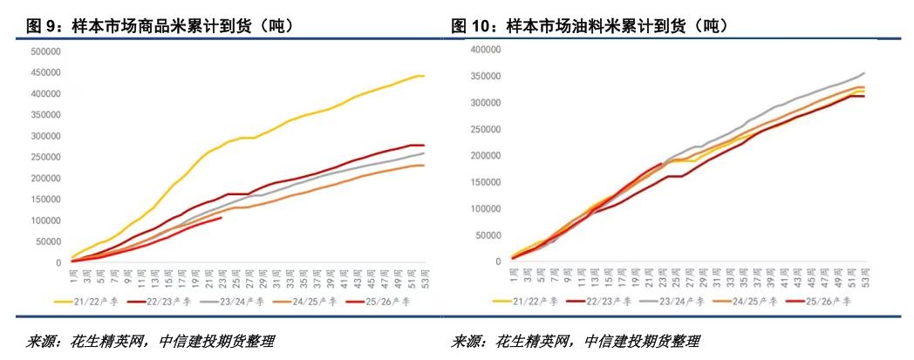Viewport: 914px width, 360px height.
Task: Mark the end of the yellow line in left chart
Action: [424, 76]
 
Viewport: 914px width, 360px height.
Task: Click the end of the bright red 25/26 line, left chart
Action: [222, 218]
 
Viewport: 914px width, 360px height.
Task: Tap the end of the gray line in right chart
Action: [864, 73]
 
